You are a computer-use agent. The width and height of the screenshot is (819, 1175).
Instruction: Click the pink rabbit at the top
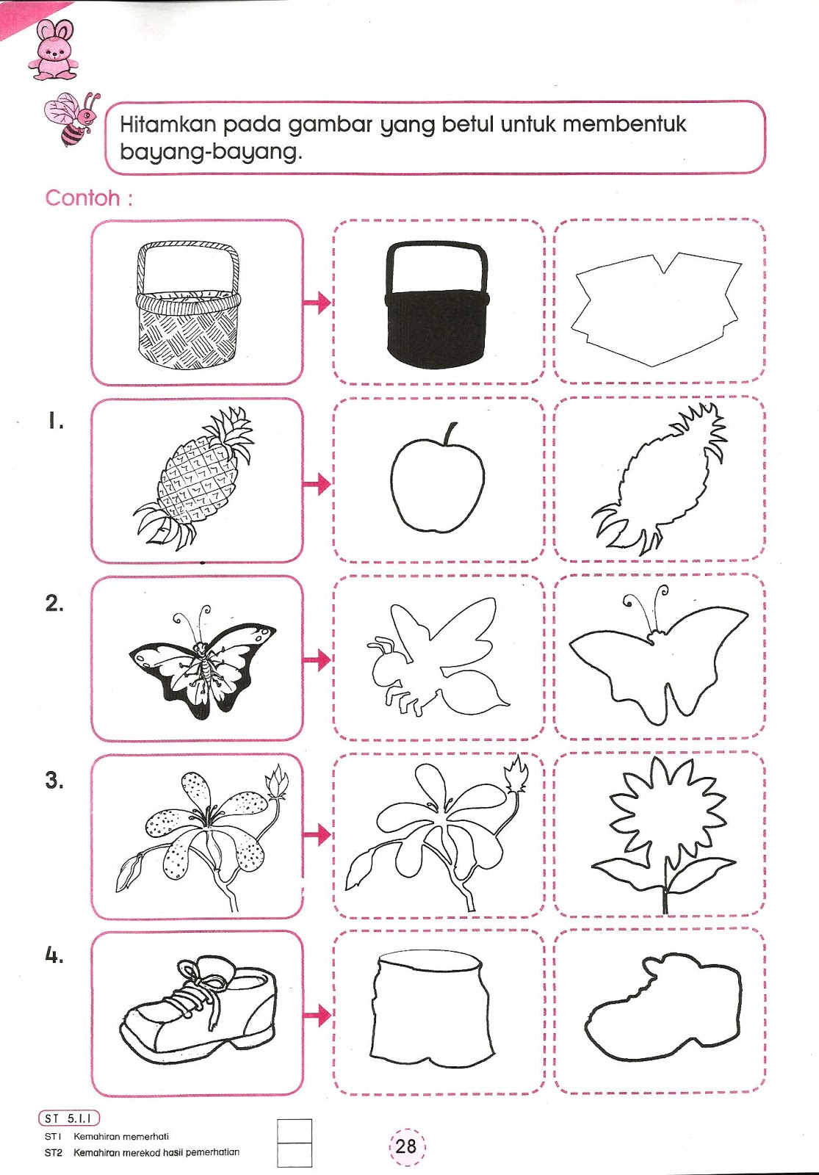click(x=53, y=51)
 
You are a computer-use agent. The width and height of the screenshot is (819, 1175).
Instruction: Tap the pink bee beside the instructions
click(x=73, y=119)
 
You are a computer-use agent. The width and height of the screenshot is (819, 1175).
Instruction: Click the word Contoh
click(x=82, y=198)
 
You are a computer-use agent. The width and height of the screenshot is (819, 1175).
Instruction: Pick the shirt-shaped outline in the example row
click(x=656, y=309)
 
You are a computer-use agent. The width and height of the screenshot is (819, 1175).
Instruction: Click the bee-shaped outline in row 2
click(x=436, y=657)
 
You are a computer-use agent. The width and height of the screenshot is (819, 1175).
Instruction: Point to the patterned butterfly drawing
click(x=202, y=661)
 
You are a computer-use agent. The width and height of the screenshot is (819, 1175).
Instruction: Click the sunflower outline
click(x=664, y=834)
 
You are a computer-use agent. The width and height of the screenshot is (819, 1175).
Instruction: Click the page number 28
click(x=406, y=1146)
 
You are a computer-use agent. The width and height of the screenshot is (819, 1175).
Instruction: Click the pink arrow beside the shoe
click(x=317, y=1015)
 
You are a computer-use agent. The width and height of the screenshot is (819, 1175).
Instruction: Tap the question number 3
click(x=54, y=780)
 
